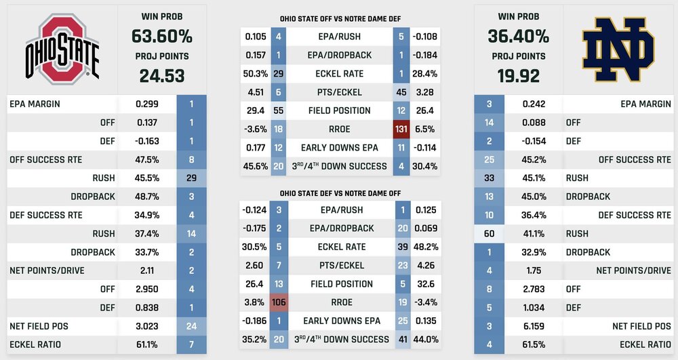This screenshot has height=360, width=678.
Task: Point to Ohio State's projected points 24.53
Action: click(162, 75)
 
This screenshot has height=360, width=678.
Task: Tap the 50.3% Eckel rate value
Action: click(256, 74)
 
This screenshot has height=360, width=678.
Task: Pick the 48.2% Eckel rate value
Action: click(425, 247)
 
